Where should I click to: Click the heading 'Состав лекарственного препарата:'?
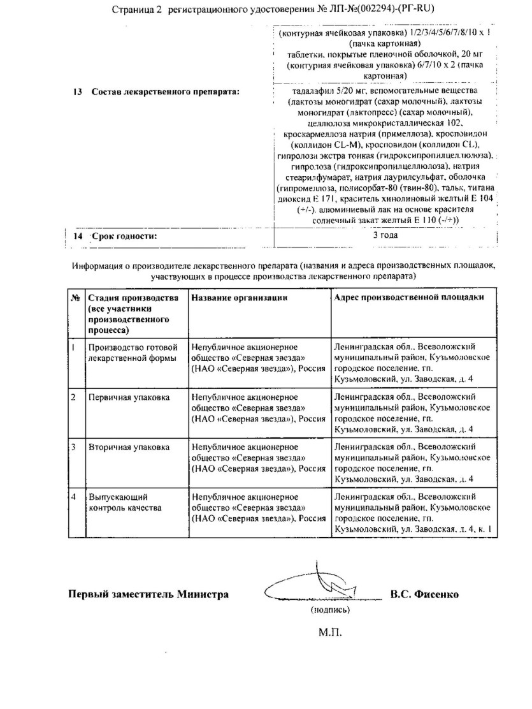point(165,92)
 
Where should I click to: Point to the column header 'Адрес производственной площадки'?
point(408,298)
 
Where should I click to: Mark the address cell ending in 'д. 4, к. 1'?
point(412,513)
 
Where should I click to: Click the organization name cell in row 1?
point(259,358)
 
